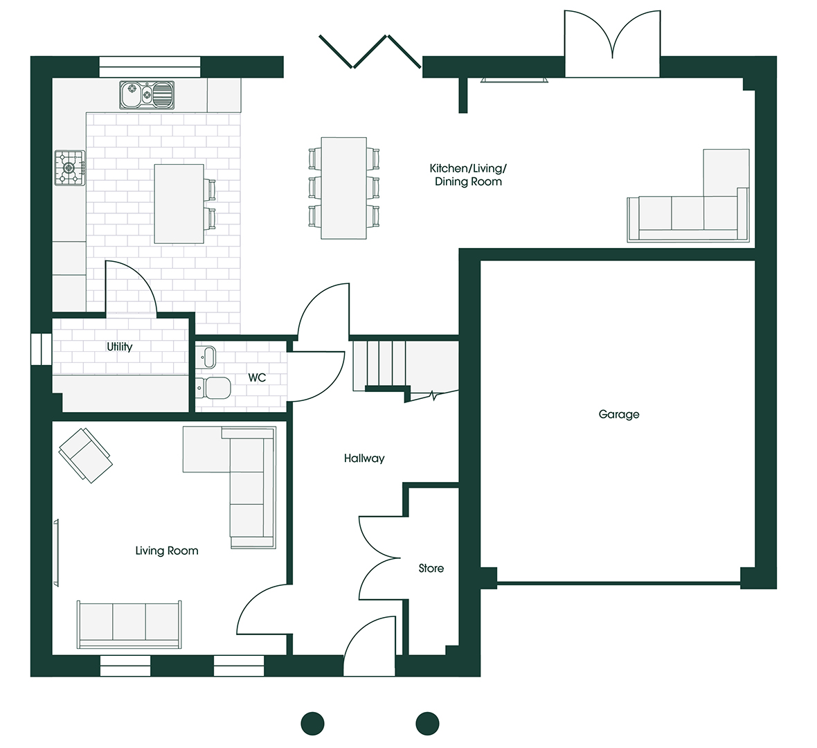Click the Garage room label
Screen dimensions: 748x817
[x=618, y=414]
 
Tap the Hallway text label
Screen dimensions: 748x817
[x=363, y=458]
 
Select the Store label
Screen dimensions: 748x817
[x=431, y=568]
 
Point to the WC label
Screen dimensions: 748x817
[x=257, y=377]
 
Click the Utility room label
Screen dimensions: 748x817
[x=119, y=346]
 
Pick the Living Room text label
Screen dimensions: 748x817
[x=166, y=551]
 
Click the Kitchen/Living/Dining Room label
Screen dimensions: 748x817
[x=468, y=175]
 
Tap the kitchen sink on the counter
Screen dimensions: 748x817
[x=146, y=95]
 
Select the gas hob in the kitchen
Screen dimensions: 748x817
[x=70, y=168]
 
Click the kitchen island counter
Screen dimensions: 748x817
[x=179, y=204]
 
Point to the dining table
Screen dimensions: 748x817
[x=343, y=188]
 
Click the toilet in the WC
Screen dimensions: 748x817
[x=214, y=389]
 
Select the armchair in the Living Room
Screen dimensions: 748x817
[x=84, y=454]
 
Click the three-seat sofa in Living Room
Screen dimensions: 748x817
[x=129, y=623]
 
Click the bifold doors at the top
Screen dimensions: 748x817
[x=369, y=52]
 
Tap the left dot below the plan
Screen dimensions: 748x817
[x=312, y=723]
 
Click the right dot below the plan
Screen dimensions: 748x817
[x=427, y=723]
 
